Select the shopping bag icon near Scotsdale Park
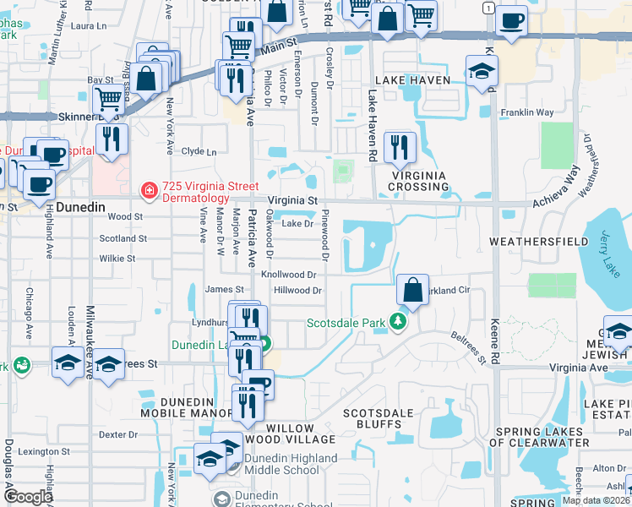point(411,290)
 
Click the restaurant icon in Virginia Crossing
point(399,148)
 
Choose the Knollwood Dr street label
point(288,275)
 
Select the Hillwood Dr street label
point(297,291)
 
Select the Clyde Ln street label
point(199,152)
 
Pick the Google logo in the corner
point(28,497)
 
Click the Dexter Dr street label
point(118,434)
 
